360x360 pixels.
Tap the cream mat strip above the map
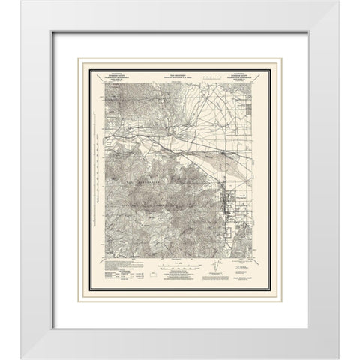180,58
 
